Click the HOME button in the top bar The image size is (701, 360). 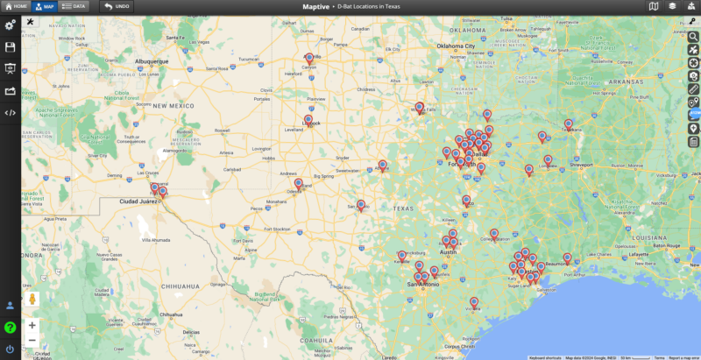(16, 6)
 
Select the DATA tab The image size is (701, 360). (74, 6)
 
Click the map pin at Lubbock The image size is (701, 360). (308, 120)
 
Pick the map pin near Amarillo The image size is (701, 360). (309, 58)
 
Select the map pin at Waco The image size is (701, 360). (466, 201)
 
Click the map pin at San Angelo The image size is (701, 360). (361, 205)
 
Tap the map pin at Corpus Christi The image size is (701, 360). (474, 303)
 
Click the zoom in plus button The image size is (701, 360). (32, 325)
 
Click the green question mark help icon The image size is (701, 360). (10, 328)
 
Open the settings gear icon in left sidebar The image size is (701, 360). (10, 25)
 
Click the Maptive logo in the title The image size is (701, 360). (304, 6)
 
